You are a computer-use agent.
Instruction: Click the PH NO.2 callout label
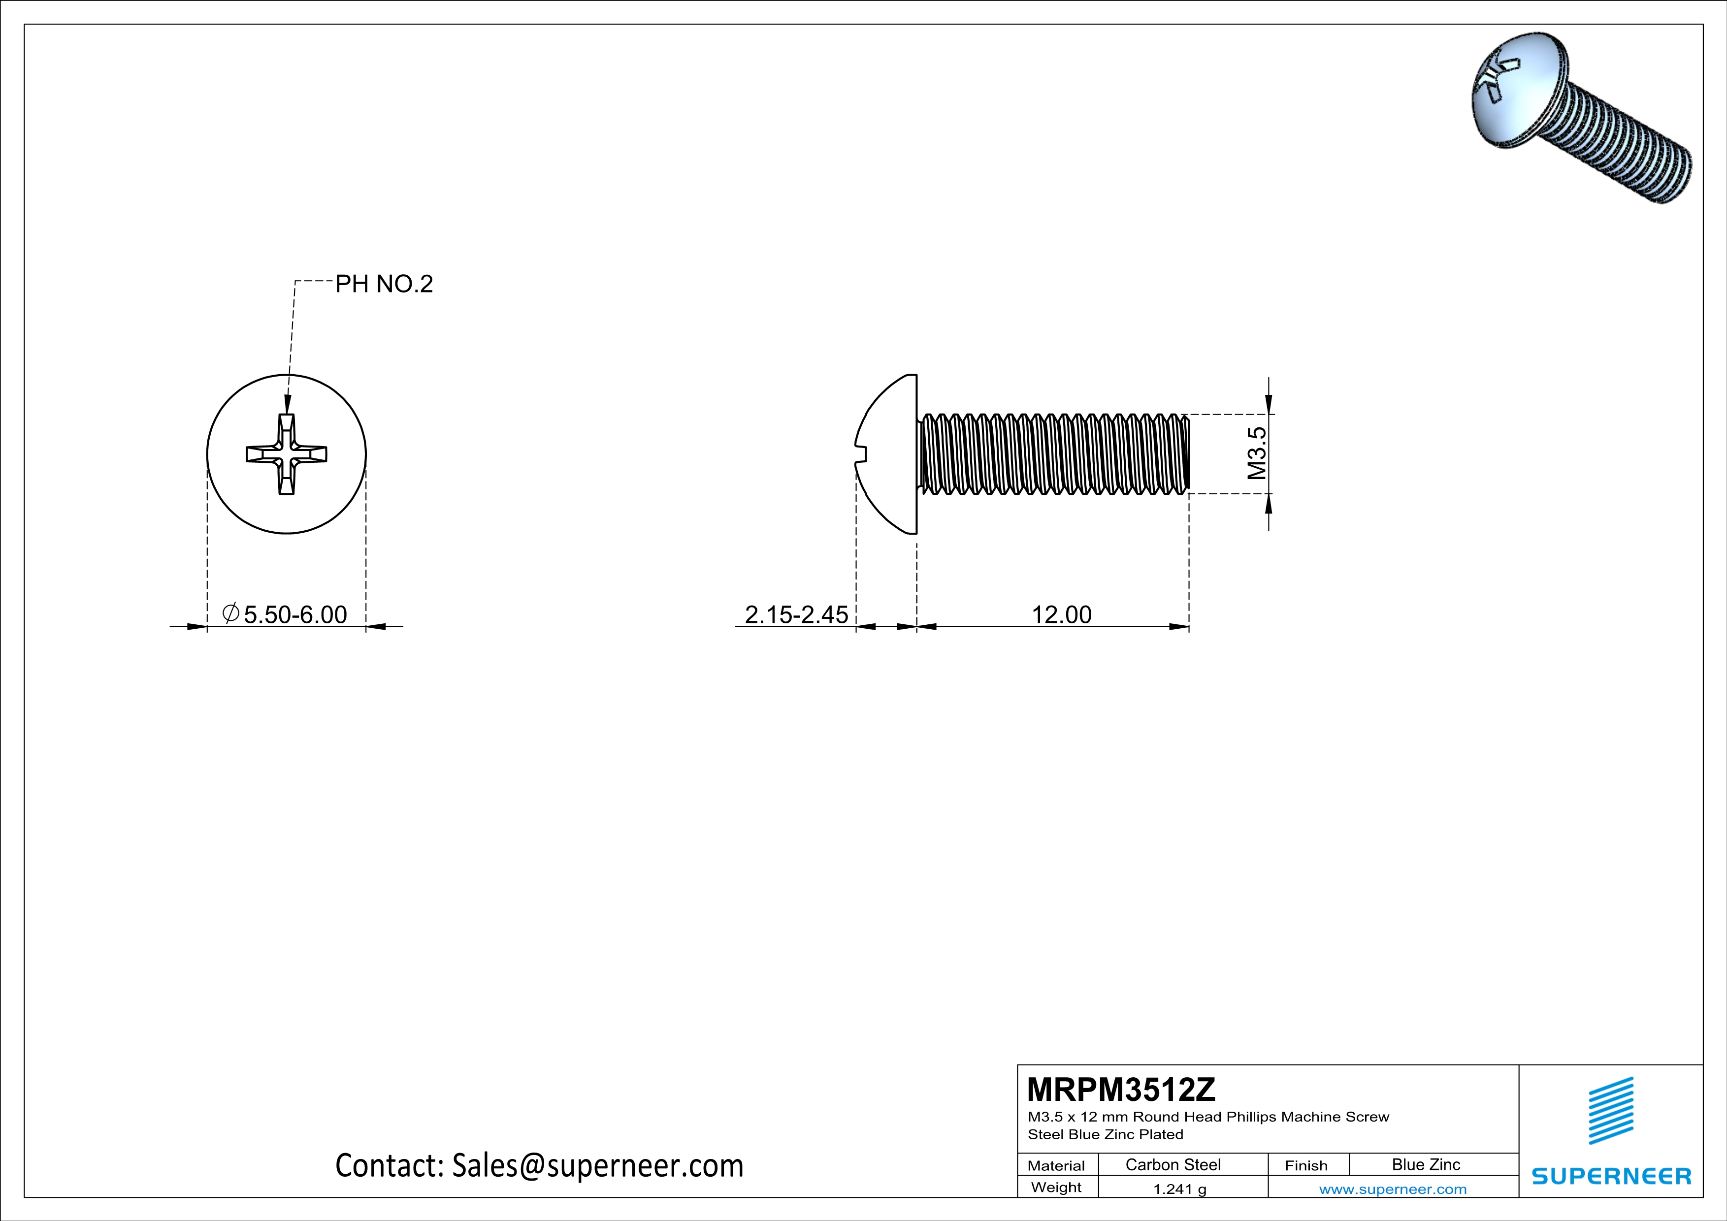[x=384, y=284]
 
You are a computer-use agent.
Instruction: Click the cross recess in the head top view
[x=287, y=454]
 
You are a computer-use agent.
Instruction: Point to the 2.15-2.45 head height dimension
[x=796, y=614]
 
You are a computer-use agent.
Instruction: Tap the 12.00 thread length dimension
[x=1061, y=614]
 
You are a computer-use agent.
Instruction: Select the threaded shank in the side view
[x=1053, y=454]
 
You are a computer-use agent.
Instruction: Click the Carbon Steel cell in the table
[x=1173, y=1164]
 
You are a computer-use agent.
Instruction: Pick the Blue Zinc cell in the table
[x=1425, y=1164]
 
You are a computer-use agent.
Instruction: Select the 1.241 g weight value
[x=1179, y=1189]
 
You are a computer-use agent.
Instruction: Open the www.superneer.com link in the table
[x=1392, y=1189]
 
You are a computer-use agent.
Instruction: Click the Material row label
[x=1056, y=1165]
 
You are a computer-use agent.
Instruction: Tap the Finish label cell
[x=1306, y=1165]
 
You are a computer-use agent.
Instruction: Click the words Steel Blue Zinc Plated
[x=1105, y=1134]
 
